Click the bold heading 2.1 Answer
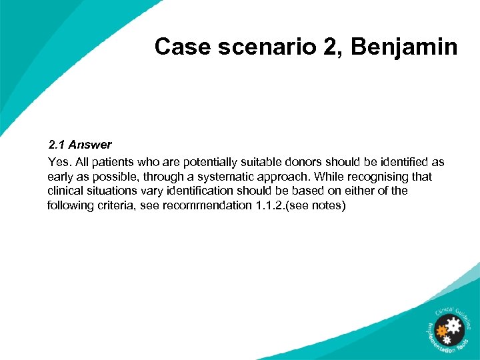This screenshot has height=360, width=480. pyautogui.click(x=79, y=144)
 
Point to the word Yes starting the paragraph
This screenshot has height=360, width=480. pyautogui.click(x=57, y=162)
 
